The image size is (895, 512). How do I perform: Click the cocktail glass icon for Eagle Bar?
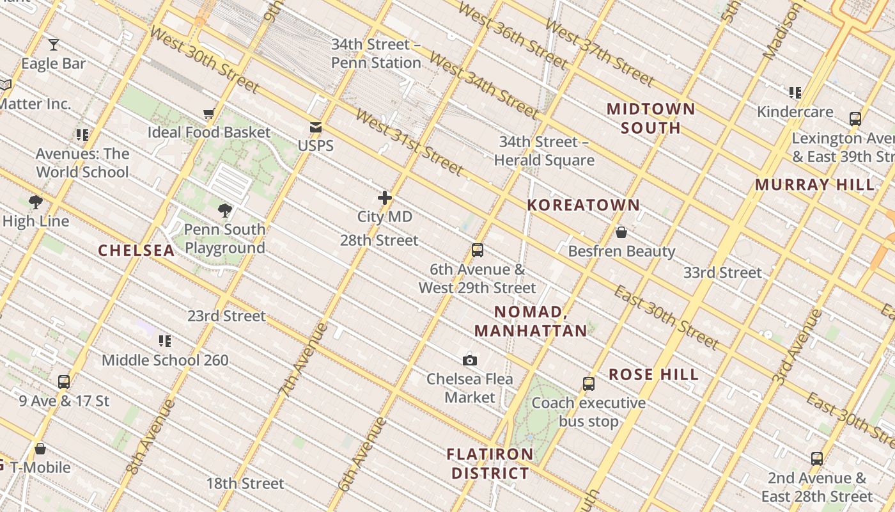coord(54,45)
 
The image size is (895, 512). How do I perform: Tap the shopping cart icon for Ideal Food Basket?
coord(209,114)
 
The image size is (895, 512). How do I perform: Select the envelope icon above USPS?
coord(316,127)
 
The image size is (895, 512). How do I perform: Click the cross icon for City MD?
coord(384,198)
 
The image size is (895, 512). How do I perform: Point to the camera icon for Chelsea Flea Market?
coord(470,360)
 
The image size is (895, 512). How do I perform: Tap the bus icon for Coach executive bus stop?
coord(589,384)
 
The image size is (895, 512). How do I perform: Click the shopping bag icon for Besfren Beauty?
coord(621,232)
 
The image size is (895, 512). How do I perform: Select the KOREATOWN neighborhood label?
coord(583,205)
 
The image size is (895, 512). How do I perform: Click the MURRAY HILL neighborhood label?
coord(814,185)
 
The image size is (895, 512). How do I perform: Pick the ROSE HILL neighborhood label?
coord(653,374)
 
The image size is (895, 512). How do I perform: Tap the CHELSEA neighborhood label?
coord(136,250)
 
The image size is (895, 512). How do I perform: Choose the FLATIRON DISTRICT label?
coord(490,464)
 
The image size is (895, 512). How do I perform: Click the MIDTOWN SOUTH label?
coord(651,118)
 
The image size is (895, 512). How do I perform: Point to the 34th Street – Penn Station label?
coord(376,54)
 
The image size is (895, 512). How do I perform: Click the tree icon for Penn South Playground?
coord(224,210)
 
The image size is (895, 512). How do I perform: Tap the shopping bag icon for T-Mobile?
coord(40,449)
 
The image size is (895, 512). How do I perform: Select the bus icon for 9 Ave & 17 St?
coord(64,382)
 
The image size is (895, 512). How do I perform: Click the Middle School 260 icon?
coord(165,341)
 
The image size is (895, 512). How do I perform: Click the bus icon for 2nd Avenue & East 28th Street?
coord(816,459)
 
